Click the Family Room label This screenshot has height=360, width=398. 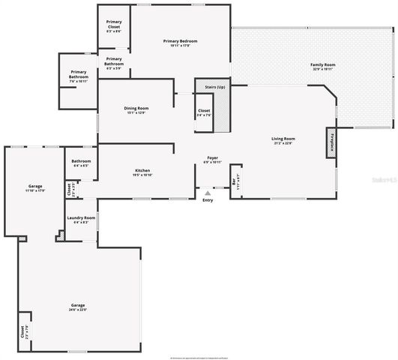click(322, 66)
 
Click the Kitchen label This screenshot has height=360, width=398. click(142, 172)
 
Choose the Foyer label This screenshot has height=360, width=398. click(213, 160)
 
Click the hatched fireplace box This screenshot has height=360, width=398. click(330, 143)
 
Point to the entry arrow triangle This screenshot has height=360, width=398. click(208, 193)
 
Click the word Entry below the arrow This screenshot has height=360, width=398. click(208, 200)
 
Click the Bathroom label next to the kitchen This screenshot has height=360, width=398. click(82, 163)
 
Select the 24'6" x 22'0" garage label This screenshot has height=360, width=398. click(78, 307)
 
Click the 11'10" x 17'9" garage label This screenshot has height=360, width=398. click(35, 187)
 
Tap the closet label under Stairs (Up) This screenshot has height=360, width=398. click(204, 112)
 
